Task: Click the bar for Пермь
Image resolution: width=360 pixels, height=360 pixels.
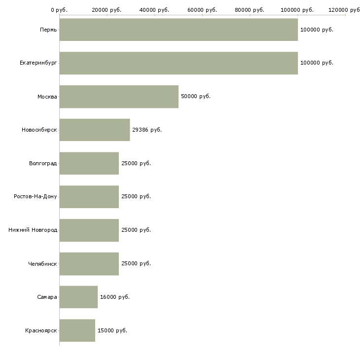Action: [179, 30]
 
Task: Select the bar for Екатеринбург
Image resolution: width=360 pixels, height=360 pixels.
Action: [179, 63]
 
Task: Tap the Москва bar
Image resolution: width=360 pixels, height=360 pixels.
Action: [119, 97]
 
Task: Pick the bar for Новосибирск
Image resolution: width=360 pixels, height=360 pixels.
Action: [95, 130]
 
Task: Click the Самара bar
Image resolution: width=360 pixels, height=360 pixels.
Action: [78, 297]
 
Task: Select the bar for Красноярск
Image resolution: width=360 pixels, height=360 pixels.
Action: [77, 330]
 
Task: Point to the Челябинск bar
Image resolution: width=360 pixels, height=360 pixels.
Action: [89, 263]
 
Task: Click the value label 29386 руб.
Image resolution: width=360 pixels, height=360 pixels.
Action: [147, 130]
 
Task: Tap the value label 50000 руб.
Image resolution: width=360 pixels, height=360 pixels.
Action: [196, 96]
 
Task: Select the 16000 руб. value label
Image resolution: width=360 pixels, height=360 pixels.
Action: [115, 297]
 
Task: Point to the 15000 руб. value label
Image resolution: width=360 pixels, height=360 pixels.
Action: [112, 330]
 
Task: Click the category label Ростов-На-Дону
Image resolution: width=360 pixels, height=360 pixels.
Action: [36, 196]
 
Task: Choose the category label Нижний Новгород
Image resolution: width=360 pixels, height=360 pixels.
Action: [33, 230]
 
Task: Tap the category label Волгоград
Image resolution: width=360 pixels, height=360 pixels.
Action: [43, 163]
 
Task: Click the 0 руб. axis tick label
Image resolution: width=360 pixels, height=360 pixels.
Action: [59, 10]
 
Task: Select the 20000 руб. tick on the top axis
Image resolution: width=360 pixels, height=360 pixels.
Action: [107, 10]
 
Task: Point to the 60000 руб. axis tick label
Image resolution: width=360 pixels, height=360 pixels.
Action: [202, 10]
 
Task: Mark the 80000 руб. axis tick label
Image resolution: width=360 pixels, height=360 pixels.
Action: [250, 10]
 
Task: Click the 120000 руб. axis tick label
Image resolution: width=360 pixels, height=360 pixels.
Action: [345, 10]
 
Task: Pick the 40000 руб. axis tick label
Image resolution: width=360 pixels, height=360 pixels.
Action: [155, 10]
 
